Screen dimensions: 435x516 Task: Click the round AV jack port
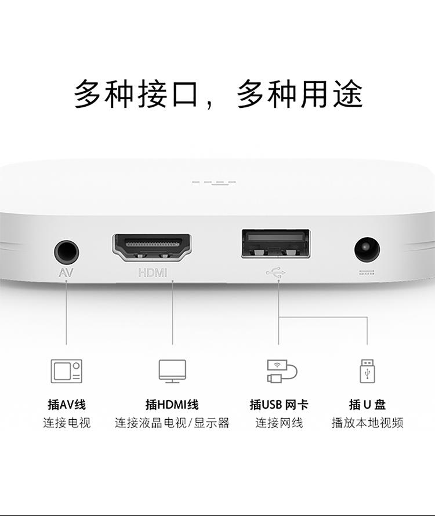(x=67, y=253)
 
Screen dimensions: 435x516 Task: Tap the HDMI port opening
(x=152, y=248)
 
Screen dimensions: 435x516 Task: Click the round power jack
(x=367, y=250)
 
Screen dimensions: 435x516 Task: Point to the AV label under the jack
(x=66, y=273)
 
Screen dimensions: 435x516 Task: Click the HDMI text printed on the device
(x=153, y=273)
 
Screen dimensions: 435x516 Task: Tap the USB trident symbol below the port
(x=276, y=272)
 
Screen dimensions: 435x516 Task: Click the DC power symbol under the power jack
(x=367, y=272)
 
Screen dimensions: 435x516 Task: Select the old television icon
(x=67, y=371)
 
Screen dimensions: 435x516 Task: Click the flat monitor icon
(x=172, y=371)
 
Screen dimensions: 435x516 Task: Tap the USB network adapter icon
(x=282, y=371)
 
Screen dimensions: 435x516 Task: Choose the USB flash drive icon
(x=367, y=371)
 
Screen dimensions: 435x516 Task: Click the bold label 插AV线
(x=67, y=405)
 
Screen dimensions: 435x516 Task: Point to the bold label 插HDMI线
(x=172, y=405)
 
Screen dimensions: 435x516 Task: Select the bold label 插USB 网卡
(x=278, y=405)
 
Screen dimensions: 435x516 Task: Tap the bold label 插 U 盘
(x=367, y=405)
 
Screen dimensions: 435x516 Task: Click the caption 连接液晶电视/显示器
(x=172, y=423)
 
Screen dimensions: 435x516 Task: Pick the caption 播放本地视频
(x=367, y=423)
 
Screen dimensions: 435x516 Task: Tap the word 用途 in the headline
(x=332, y=94)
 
